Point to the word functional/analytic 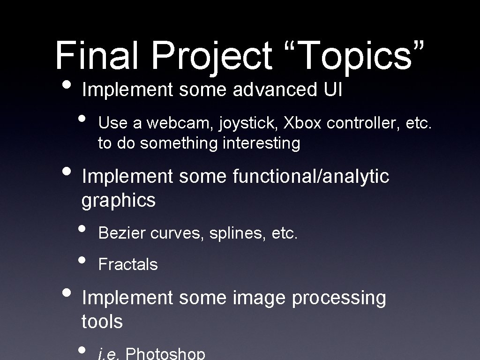click(x=310, y=177)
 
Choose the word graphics click(x=118, y=201)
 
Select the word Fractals click(x=128, y=264)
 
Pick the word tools click(x=102, y=322)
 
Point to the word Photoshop click(x=165, y=354)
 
